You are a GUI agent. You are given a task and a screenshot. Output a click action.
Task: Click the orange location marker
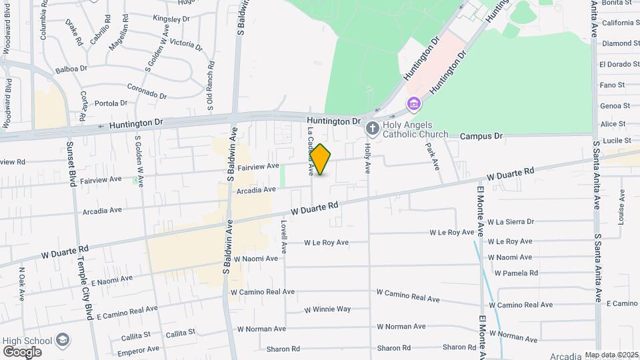click(x=321, y=159)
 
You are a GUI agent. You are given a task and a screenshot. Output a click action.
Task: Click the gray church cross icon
click(x=373, y=127)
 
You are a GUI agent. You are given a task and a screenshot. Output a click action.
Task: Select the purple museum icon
click(x=414, y=103)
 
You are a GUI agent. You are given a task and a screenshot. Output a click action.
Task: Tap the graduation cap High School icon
click(x=63, y=341)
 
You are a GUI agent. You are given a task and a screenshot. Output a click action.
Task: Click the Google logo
click(x=22, y=351)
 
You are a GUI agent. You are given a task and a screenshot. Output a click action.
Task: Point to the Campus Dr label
click(x=481, y=136)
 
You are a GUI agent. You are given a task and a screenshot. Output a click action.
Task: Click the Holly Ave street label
click(x=367, y=158)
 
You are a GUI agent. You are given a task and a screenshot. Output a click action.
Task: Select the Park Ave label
click(x=433, y=155)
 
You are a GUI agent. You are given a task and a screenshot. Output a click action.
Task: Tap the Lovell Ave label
click(x=283, y=237)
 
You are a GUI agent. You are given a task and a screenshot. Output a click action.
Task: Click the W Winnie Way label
click(x=327, y=309)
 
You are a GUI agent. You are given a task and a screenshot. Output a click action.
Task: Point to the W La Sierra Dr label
click(x=511, y=222)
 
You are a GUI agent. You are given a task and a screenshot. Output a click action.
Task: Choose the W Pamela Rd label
click(x=516, y=273)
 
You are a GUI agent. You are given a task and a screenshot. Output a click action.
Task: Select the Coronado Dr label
click(x=147, y=91)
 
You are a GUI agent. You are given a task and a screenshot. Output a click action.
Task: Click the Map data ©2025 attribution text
click(x=610, y=355)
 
